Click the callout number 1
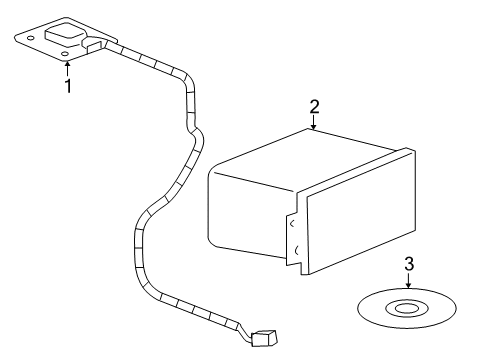point(67,88)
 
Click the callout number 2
point(314,106)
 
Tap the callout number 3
point(407,264)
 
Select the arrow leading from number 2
point(314,123)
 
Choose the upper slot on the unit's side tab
point(291,225)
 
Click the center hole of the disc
point(407,308)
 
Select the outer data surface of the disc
point(375,310)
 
